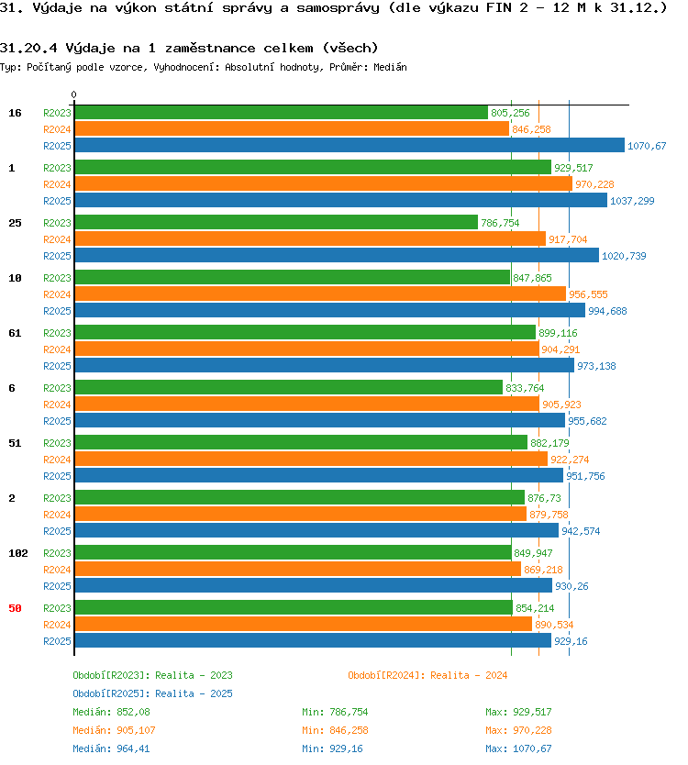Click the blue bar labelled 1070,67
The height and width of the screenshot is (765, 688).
[350, 146]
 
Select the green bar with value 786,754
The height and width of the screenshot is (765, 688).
[276, 223]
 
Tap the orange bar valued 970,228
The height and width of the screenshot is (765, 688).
[324, 184]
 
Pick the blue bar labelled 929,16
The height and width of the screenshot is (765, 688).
[313, 640]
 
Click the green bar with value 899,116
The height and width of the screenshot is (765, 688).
[305, 332]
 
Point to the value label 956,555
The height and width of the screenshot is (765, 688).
[588, 294]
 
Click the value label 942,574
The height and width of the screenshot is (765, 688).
[581, 531]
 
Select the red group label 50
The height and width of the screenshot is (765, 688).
[15, 608]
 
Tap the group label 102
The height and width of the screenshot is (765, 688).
[18, 553]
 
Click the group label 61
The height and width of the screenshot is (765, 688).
[15, 333]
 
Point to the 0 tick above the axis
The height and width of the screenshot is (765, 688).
[73, 94]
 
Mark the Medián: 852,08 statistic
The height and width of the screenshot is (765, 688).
[111, 713]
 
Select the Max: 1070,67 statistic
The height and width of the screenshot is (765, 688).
[518, 748]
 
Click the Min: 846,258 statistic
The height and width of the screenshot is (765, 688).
[335, 730]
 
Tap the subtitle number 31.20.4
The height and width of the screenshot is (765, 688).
[28, 48]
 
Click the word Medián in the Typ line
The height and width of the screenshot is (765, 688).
[390, 67]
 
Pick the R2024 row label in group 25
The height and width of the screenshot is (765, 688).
[57, 239]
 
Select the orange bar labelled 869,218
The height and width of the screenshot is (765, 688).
[297, 569]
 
